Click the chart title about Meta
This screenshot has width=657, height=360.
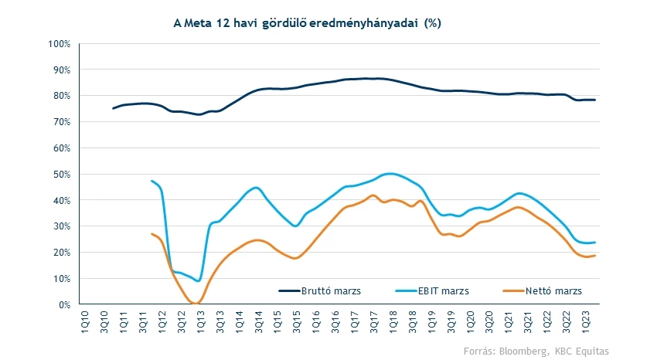(307, 23)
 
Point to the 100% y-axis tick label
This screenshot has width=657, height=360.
(60, 43)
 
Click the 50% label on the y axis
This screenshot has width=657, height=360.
(62, 174)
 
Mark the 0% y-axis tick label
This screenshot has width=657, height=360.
(65, 304)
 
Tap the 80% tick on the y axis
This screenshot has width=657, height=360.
(62, 96)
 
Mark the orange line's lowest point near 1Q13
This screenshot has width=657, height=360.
(198, 302)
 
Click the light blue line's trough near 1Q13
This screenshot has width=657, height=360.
(199, 280)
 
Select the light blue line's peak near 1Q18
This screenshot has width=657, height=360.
(390, 174)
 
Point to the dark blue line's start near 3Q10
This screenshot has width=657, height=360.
(113, 108)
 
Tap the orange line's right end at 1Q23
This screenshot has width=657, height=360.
(595, 256)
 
